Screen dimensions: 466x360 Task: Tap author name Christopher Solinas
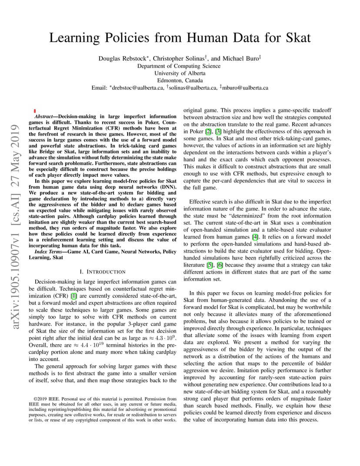coord(179,58)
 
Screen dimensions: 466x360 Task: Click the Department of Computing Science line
coord(179,66)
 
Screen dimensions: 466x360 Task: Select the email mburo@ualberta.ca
coord(245,88)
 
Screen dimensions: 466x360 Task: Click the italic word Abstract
coord(43,117)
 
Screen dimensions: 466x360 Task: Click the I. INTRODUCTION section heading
coord(103,272)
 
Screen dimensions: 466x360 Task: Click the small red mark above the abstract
coord(34,111)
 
